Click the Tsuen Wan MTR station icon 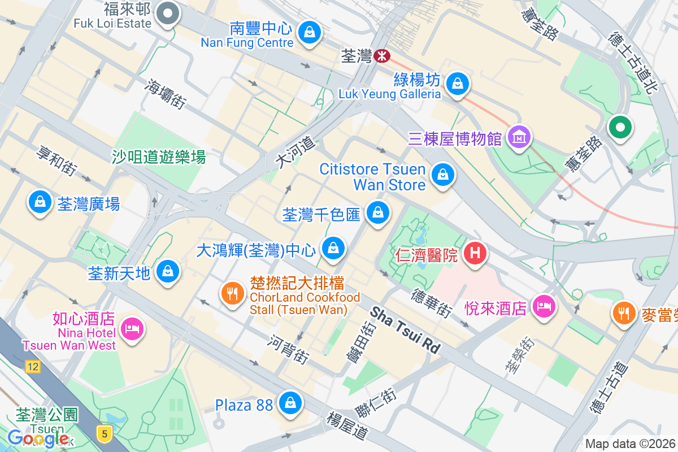pyautogui.click(x=383, y=55)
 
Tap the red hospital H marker pyautogui.click(x=475, y=253)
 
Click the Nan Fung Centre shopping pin pyautogui.click(x=309, y=32)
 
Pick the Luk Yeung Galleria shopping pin pyautogui.click(x=458, y=84)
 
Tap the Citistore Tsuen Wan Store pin pyautogui.click(x=443, y=175)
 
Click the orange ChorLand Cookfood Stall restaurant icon pyautogui.click(x=232, y=293)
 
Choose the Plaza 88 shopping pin pyautogui.click(x=290, y=403)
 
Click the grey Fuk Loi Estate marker pyautogui.click(x=168, y=13)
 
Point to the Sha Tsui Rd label pyautogui.click(x=405, y=331)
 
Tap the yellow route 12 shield pyautogui.click(x=33, y=367)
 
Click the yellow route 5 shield pyautogui.click(x=104, y=433)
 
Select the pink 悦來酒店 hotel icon pyautogui.click(x=544, y=306)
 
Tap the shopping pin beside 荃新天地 pyautogui.click(x=168, y=271)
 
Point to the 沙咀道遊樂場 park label pyautogui.click(x=158, y=157)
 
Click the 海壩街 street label pyautogui.click(x=166, y=93)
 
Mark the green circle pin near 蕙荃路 pyautogui.click(x=620, y=127)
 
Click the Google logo pyautogui.click(x=38, y=438)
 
